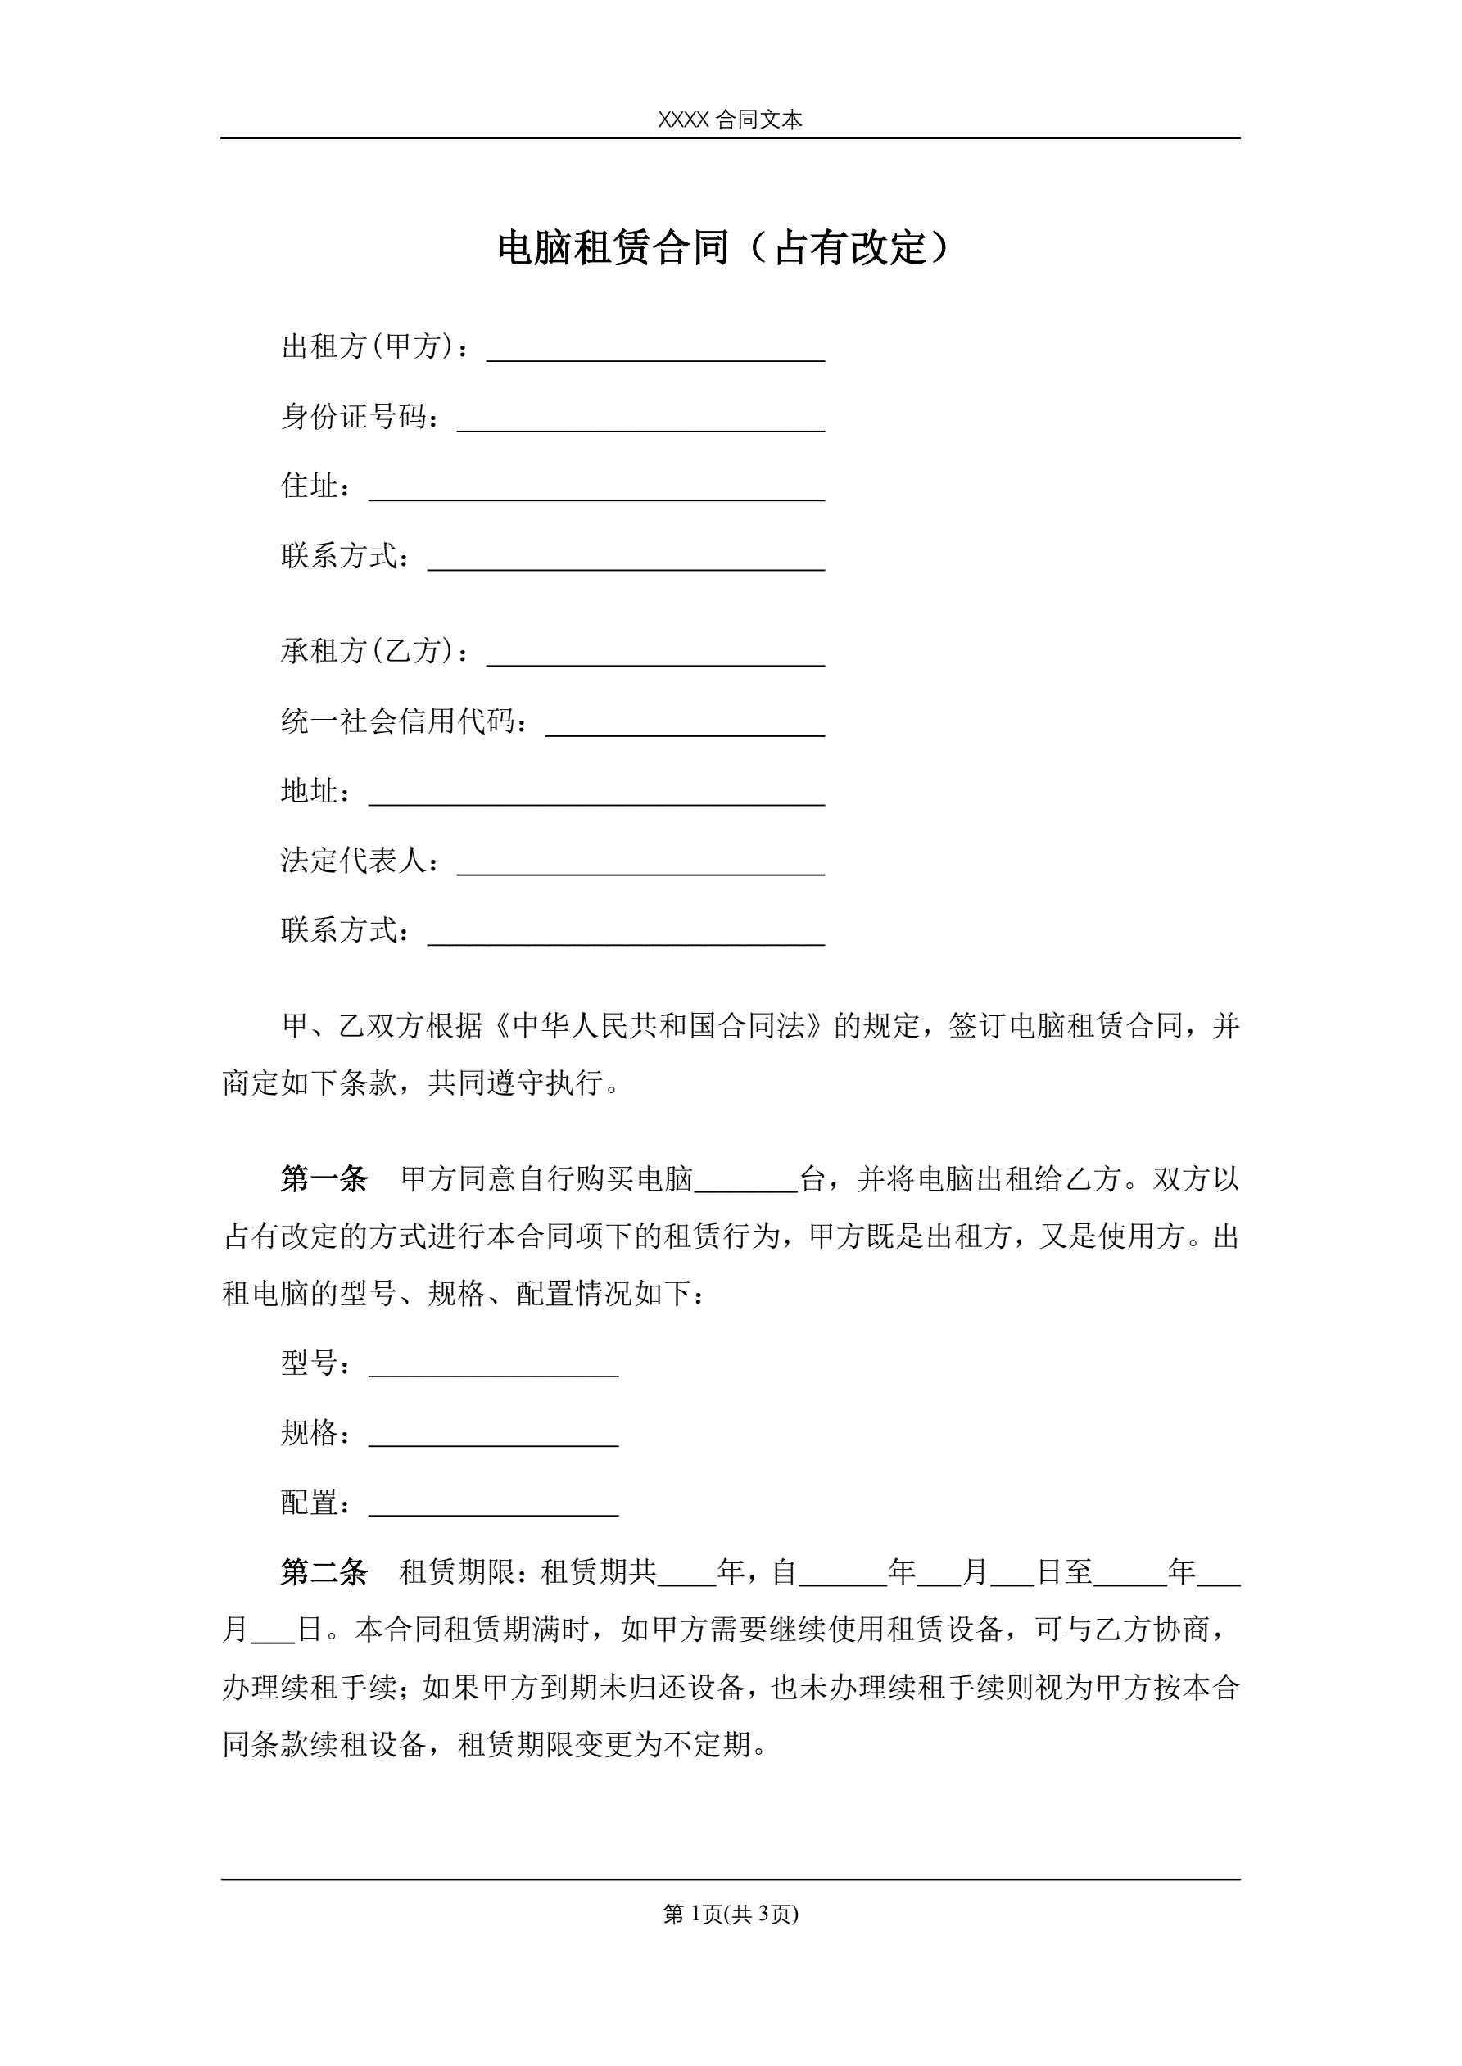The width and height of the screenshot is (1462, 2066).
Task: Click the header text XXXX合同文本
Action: (x=730, y=120)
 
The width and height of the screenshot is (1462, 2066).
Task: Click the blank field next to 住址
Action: (x=597, y=492)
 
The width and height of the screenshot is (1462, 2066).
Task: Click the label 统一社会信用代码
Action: (x=402, y=721)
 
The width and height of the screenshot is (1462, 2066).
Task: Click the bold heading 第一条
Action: (x=324, y=1179)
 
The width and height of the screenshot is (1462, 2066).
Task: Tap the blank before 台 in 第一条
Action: (x=746, y=1184)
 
